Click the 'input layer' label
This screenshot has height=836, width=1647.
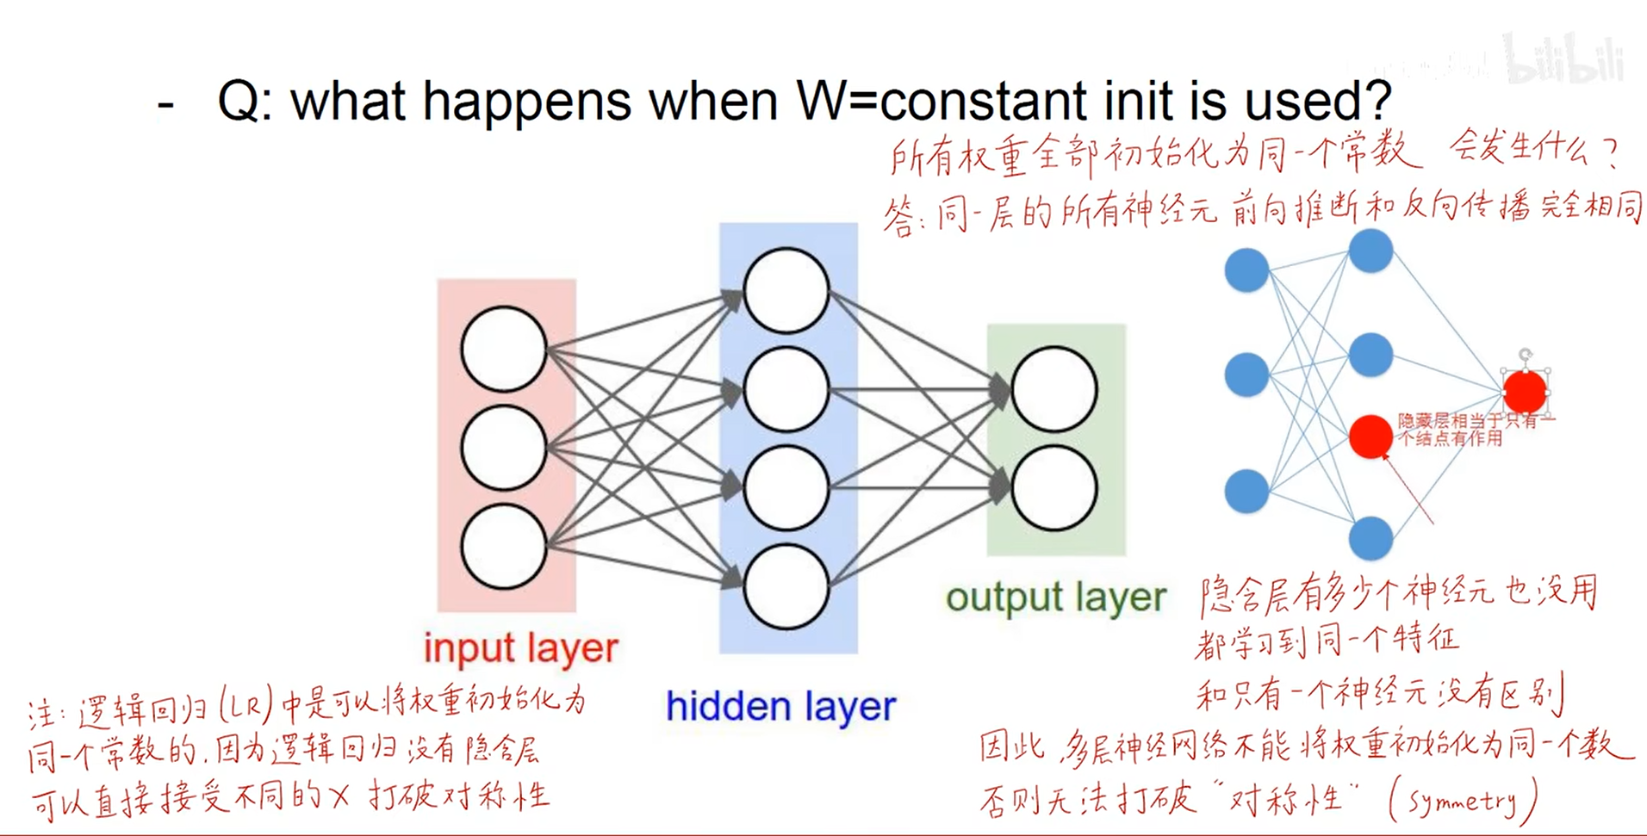[520, 649]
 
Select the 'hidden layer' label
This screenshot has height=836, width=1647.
[780, 707]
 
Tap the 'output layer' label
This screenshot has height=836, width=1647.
[1055, 598]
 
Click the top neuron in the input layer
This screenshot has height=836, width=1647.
[504, 350]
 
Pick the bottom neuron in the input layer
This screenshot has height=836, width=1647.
[504, 547]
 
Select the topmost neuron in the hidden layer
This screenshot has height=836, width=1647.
[786, 291]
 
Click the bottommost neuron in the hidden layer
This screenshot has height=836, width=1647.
[786, 587]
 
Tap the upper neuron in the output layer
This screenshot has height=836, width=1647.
[1053, 389]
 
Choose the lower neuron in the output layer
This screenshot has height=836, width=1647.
[1053, 487]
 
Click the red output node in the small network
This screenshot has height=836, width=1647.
[1525, 392]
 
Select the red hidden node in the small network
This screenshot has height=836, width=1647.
[1370, 436]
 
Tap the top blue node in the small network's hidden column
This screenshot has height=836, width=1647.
[1370, 251]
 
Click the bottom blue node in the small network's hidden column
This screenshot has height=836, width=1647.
[1370, 538]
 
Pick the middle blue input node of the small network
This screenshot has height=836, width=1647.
[1246, 375]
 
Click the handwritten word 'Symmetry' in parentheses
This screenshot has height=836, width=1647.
[1462, 802]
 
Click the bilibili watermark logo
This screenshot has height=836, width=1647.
[1564, 59]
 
